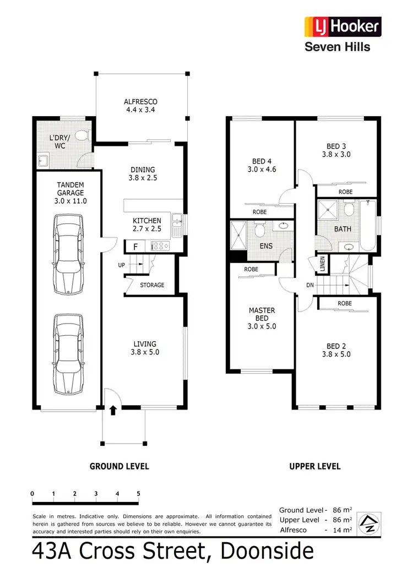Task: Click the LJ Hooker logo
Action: coord(343,26)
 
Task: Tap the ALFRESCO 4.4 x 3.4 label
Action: coord(140,106)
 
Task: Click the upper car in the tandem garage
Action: coord(68,254)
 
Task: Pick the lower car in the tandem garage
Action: coord(68,353)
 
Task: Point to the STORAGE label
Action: coord(152,285)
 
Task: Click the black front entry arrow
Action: coord(113,410)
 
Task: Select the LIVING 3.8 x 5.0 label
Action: coord(145,348)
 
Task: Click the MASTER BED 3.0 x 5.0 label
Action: coord(262,318)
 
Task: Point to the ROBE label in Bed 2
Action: coord(345,303)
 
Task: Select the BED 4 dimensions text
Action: coord(262,170)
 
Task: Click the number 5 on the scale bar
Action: coord(138,493)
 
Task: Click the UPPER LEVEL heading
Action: coord(315,466)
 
